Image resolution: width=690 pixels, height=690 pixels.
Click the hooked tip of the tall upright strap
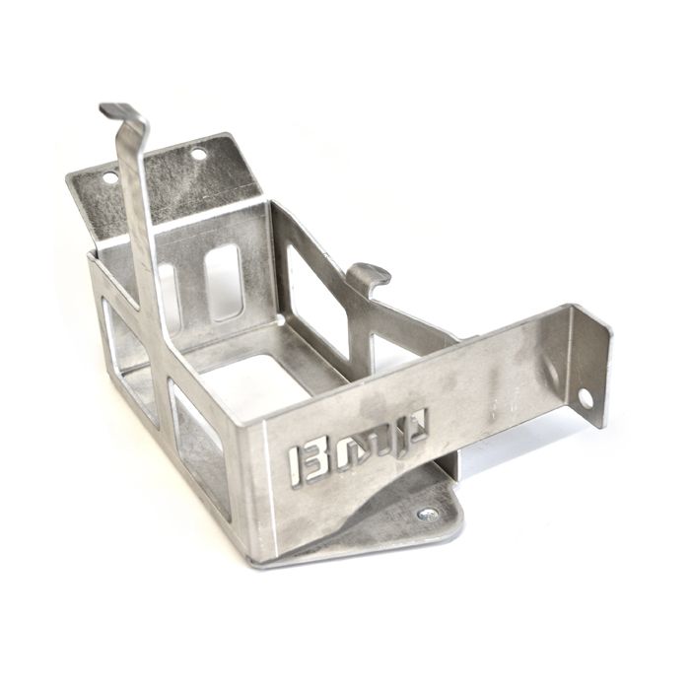point(117,110)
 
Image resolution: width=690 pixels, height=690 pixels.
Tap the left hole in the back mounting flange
point(108,178)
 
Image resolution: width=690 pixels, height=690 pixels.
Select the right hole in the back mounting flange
point(198,154)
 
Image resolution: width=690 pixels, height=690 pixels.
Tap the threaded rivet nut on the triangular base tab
point(426,514)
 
